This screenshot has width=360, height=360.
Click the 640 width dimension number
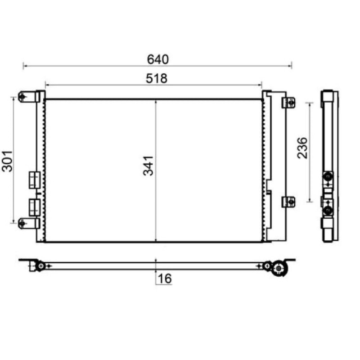[158, 59]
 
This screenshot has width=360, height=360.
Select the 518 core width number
[157, 78]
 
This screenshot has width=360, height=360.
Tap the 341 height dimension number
[148, 166]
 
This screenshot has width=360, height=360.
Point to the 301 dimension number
[7, 161]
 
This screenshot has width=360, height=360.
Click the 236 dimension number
[302, 148]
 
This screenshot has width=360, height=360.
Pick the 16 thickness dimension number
[165, 279]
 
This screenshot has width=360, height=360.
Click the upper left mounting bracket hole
[22, 97]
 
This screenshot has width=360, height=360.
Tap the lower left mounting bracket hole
[22, 223]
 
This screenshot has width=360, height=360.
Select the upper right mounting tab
[288, 103]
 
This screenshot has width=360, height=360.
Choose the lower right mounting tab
[288, 202]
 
